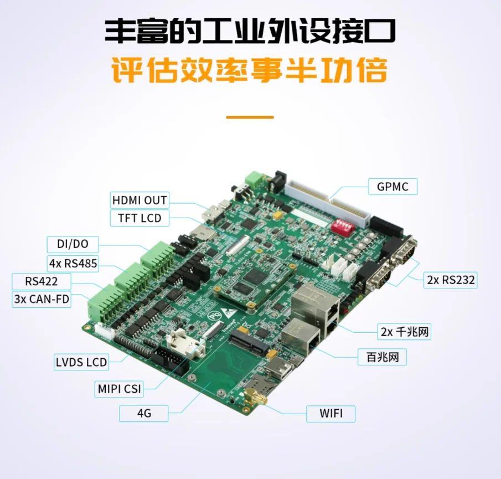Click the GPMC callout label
click(392, 187)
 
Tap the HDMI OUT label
click(139, 200)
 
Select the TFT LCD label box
click(139, 218)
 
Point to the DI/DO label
click(72, 244)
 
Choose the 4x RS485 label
click(72, 263)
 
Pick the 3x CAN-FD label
click(42, 300)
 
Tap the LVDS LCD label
click(81, 363)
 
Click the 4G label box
click(143, 413)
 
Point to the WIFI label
click(330, 413)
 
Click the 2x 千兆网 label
click(405, 332)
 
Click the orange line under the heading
click(250, 117)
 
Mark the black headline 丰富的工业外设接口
click(250, 31)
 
